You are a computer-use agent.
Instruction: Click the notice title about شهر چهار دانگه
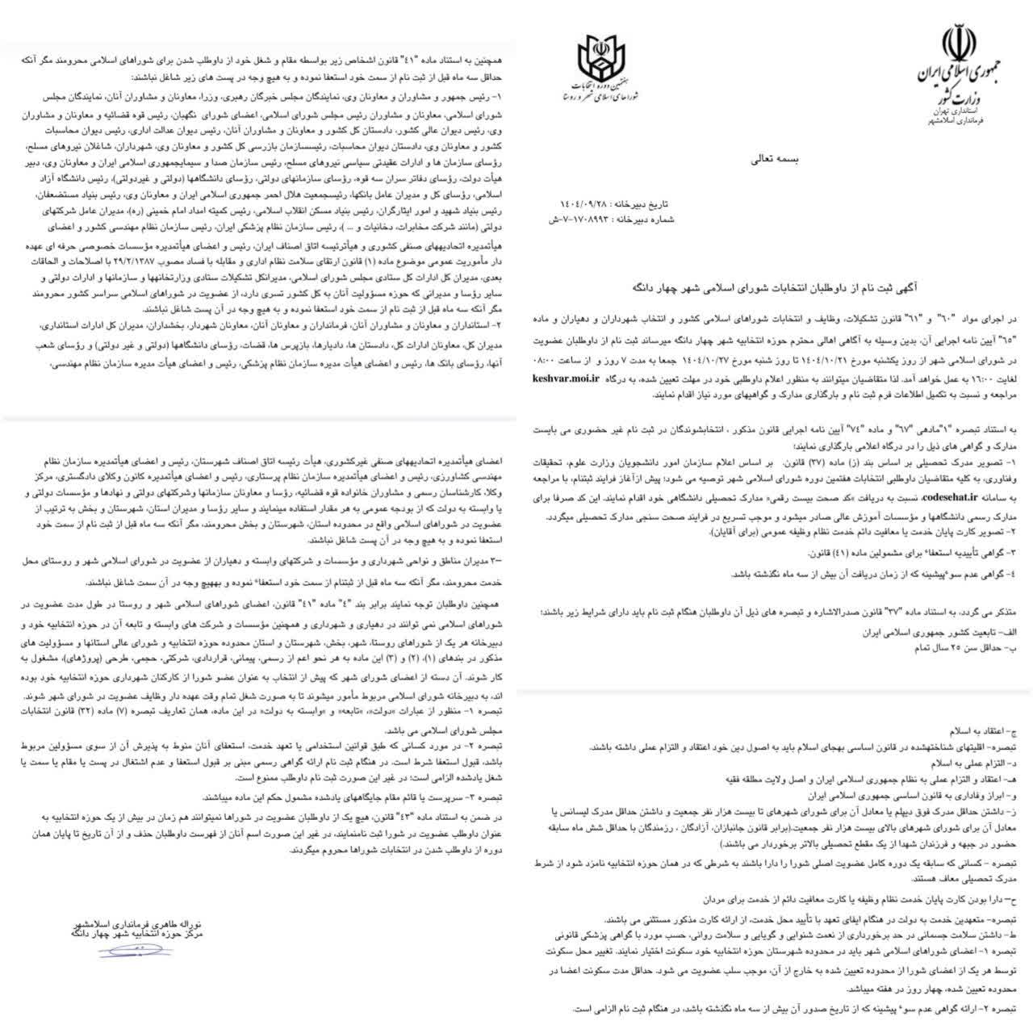pyautogui.click(x=774, y=286)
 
